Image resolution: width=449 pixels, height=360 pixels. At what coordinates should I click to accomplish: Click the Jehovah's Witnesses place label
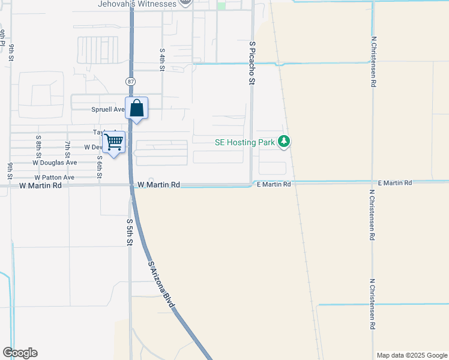[137, 4]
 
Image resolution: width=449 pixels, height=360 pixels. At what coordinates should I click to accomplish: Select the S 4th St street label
[162, 59]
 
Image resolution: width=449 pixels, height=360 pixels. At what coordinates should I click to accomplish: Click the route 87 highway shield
[131, 80]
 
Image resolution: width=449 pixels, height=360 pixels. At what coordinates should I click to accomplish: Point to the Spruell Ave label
[107, 110]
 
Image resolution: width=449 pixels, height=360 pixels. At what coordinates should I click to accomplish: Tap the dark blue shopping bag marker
[137, 109]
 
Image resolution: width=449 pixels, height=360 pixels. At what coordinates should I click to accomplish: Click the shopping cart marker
[113, 142]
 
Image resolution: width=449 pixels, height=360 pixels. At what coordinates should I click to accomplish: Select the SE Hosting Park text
[245, 142]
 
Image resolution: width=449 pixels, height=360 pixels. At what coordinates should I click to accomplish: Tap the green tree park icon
[284, 142]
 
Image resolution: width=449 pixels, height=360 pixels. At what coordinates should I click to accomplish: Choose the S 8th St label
[38, 144]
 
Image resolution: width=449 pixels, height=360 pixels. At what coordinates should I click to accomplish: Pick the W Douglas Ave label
[55, 163]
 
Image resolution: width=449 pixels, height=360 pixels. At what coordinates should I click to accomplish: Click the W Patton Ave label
[54, 178]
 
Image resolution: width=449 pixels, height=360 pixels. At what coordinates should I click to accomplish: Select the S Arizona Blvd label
[161, 284]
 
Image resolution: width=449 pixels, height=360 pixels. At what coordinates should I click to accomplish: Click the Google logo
[20, 353]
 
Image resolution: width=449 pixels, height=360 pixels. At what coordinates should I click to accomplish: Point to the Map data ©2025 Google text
[411, 355]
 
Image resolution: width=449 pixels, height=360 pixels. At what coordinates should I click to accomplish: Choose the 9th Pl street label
[4, 37]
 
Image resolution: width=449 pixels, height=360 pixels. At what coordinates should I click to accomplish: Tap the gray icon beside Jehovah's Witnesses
[186, 2]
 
